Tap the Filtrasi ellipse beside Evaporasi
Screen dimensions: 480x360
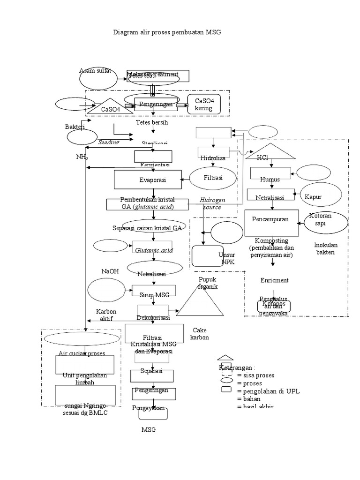[x=212, y=178]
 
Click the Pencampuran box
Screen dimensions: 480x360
[x=270, y=219]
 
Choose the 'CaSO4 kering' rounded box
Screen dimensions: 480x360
[x=203, y=105]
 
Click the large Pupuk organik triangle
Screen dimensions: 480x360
[x=199, y=301]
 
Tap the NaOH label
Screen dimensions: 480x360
[x=110, y=271]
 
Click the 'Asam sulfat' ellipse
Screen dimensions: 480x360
[x=98, y=77]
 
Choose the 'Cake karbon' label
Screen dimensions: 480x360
[x=200, y=334]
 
